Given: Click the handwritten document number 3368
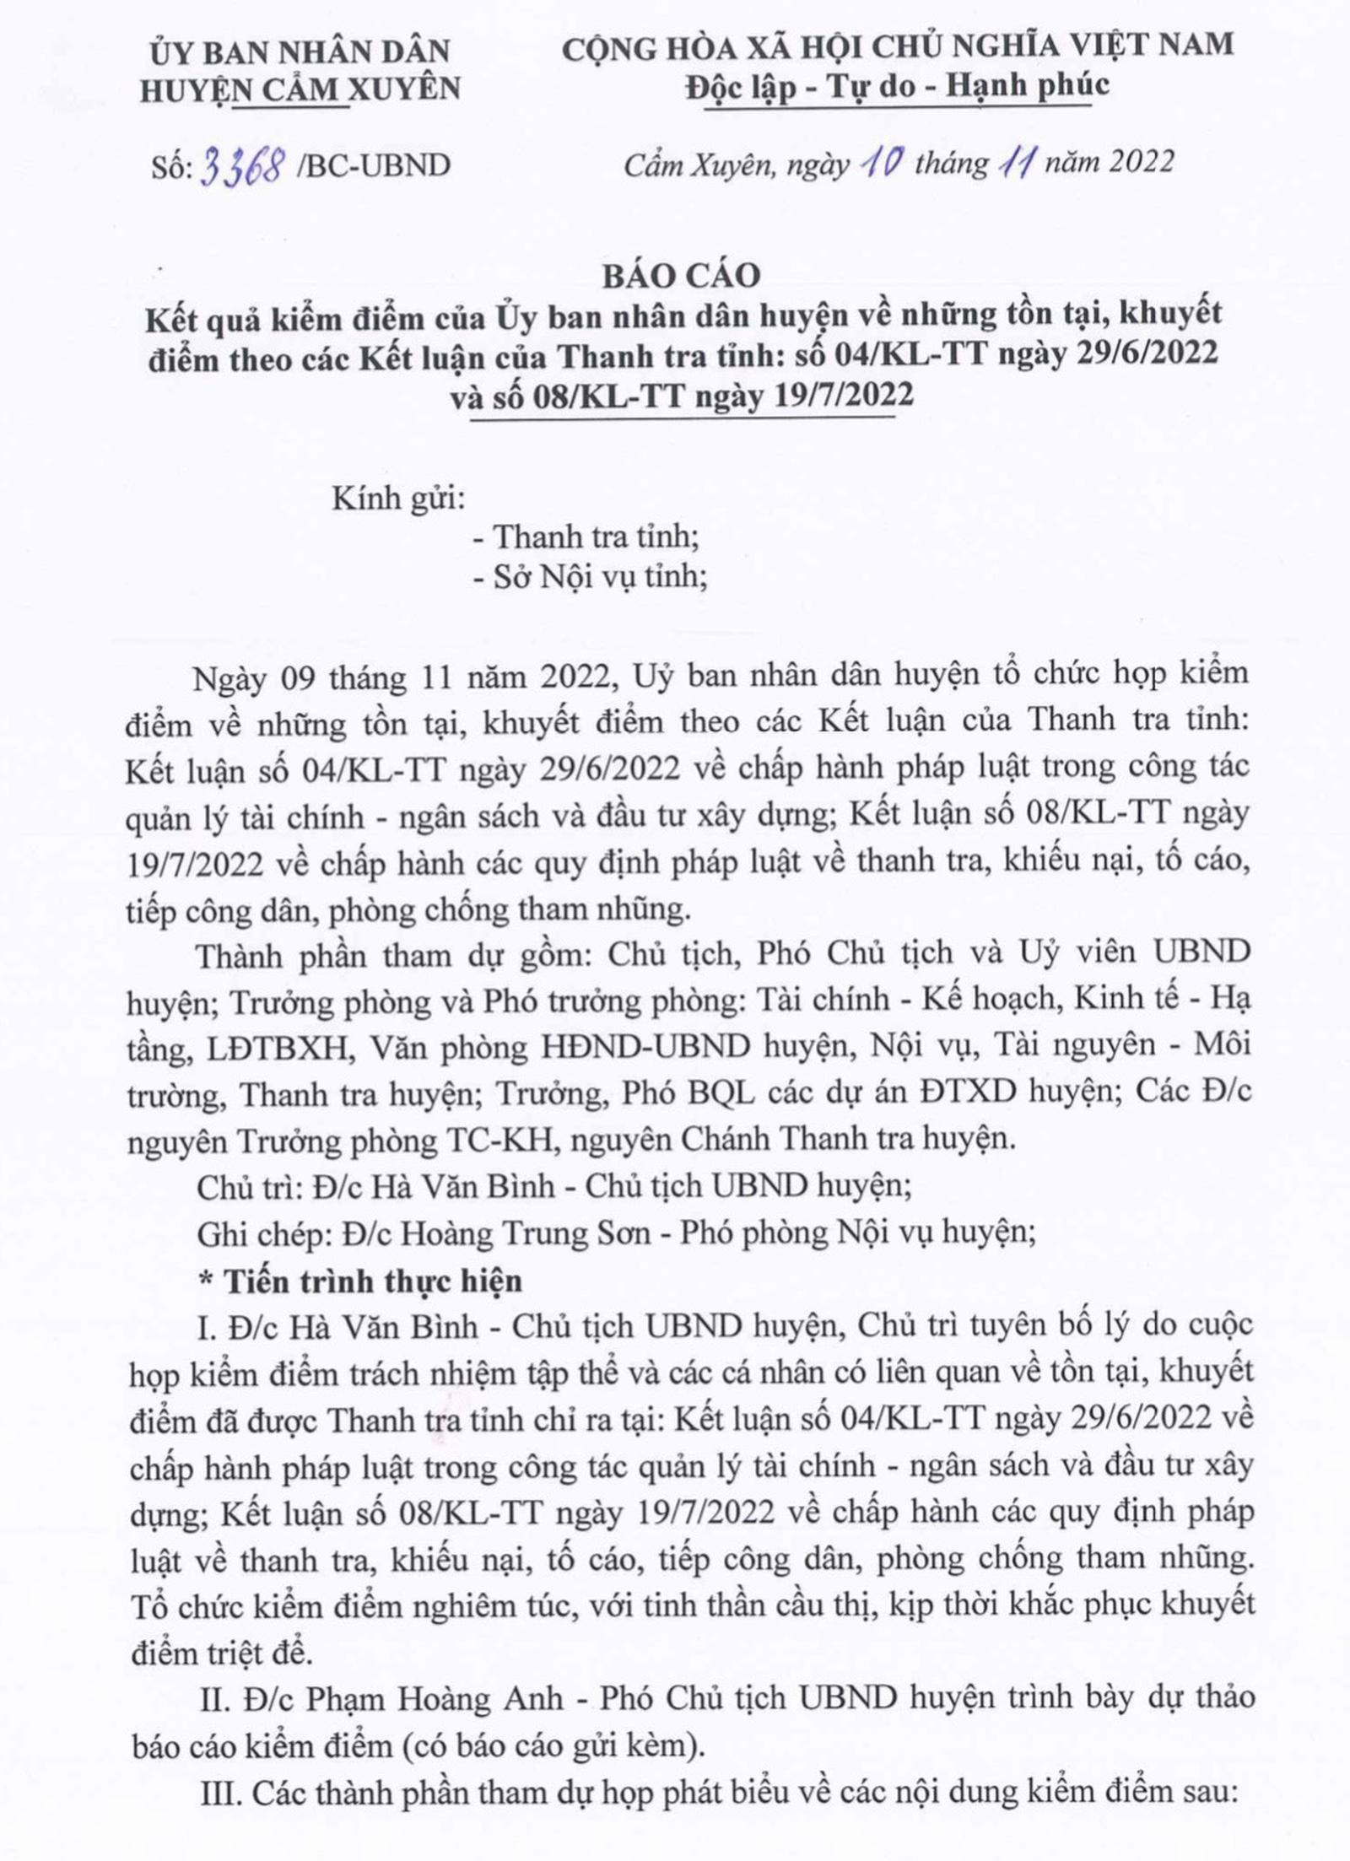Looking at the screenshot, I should click(x=241, y=165).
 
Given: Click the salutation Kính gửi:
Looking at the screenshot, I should click(x=398, y=499).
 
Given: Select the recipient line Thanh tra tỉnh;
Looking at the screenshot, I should click(x=595, y=537).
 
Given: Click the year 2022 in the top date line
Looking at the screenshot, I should click(x=1141, y=161).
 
